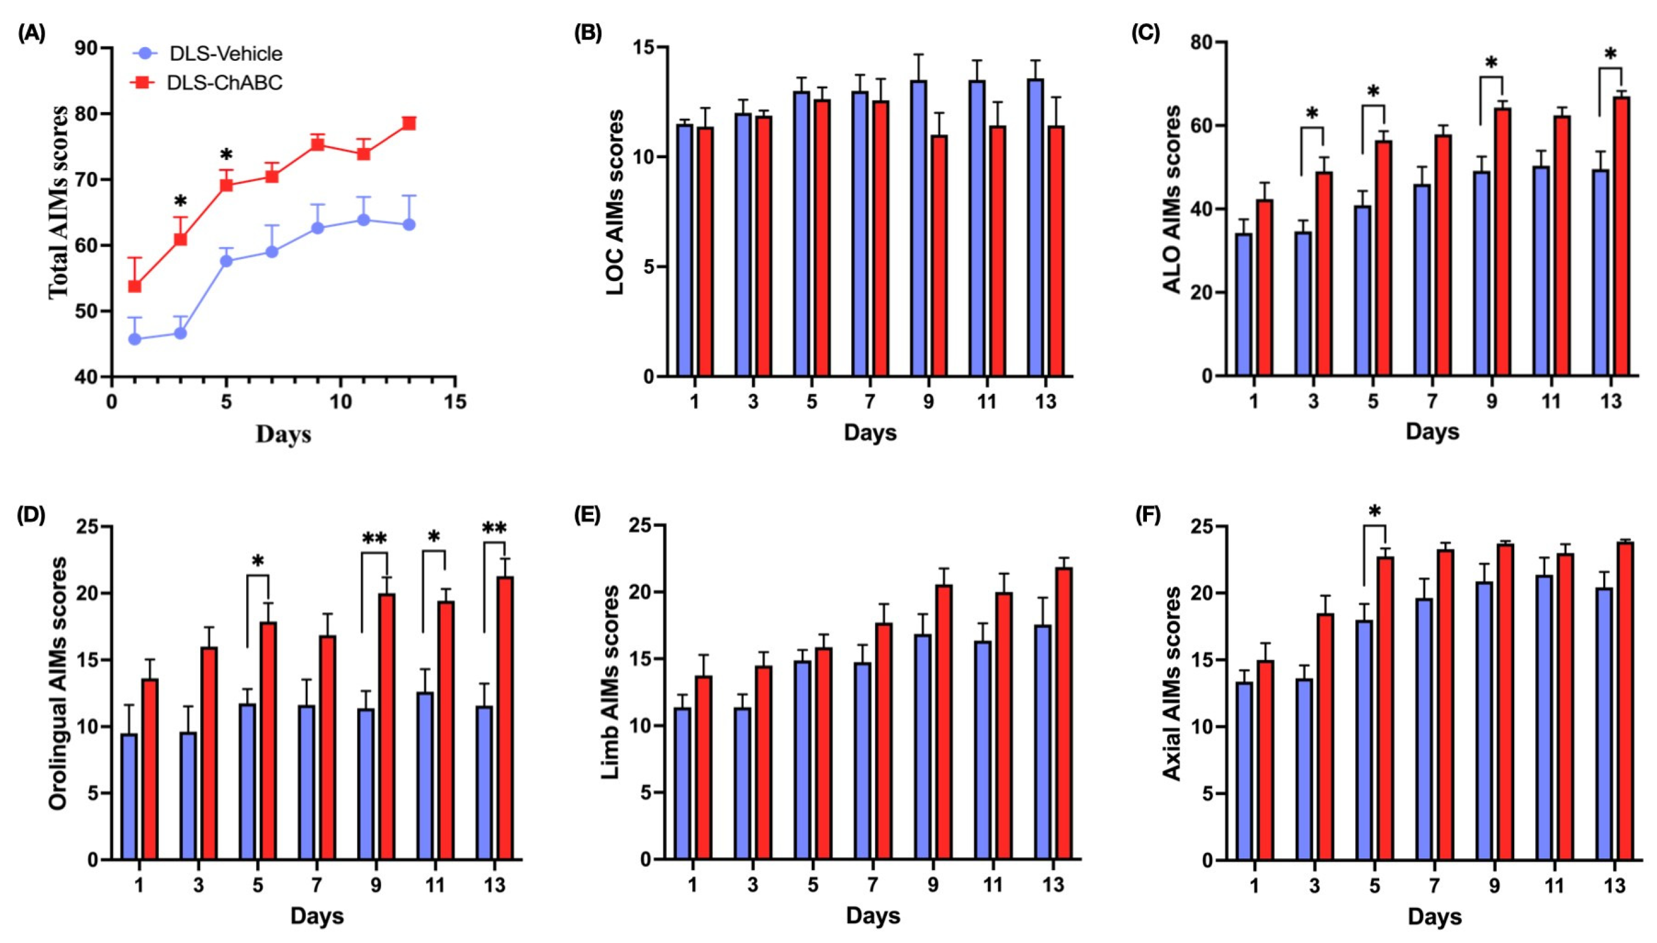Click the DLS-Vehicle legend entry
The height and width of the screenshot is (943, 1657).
[207, 53]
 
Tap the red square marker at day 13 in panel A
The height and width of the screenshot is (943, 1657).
[409, 123]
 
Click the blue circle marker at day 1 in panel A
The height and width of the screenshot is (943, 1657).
[136, 339]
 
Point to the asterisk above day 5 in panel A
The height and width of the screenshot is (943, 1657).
[226, 155]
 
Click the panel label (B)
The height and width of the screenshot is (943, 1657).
[588, 33]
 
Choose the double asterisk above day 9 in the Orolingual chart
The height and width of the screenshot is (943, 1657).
[374, 539]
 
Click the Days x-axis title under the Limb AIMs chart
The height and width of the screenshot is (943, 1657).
[873, 916]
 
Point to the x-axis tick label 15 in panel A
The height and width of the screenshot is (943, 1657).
[455, 402]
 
